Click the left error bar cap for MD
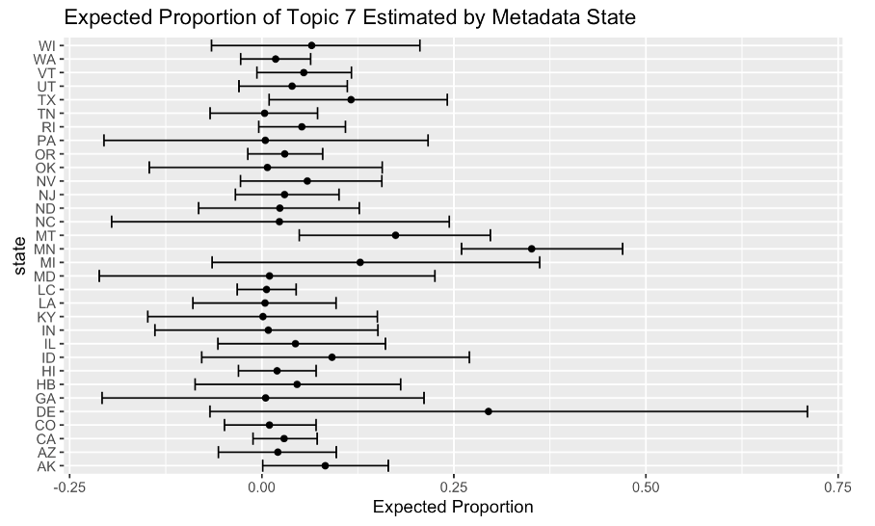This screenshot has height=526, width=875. [99, 276]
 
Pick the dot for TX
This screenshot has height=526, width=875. [351, 99]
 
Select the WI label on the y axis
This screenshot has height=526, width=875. [46, 45]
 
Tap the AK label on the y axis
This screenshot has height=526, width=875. [46, 465]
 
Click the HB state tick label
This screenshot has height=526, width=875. [46, 384]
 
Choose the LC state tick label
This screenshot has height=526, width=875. [46, 289]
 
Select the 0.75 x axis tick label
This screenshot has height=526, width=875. [838, 487]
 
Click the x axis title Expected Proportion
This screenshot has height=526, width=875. [453, 508]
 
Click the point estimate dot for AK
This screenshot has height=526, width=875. [325, 465]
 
